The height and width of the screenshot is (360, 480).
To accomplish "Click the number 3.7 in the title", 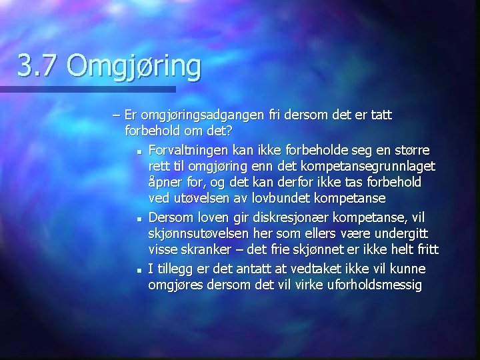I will (x=38, y=67).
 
